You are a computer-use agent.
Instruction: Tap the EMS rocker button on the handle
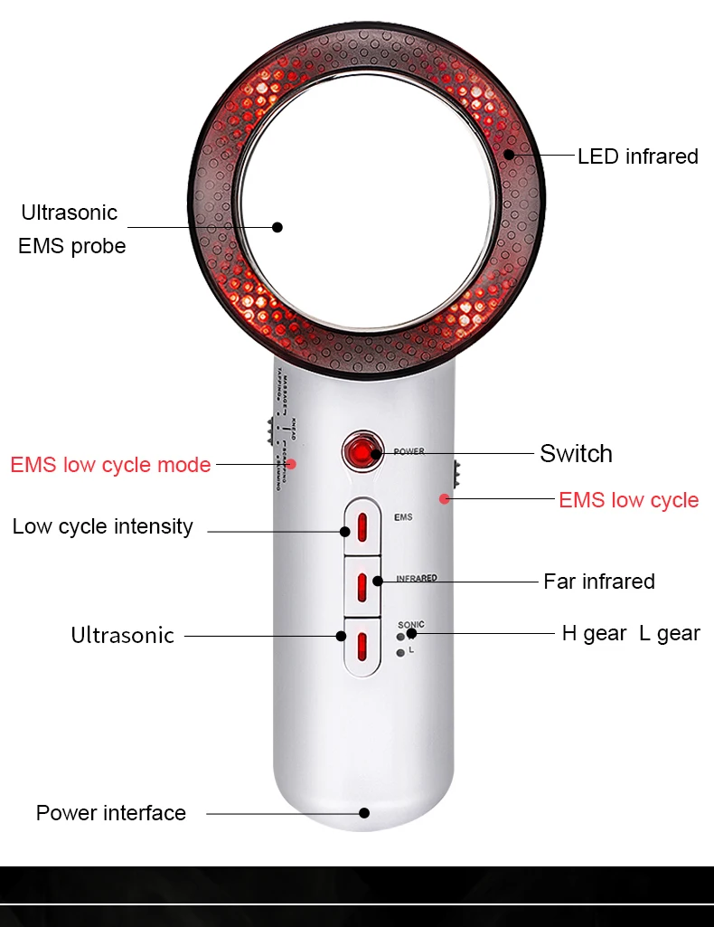tap(361, 526)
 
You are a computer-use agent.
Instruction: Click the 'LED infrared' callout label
tap(637, 156)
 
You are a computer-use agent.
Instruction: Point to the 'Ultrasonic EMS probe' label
tap(70, 229)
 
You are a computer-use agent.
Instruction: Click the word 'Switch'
tap(576, 453)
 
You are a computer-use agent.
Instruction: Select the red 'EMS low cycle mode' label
tap(110, 465)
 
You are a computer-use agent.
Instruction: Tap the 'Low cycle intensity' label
tap(102, 526)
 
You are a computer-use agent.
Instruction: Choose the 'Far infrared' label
tap(598, 581)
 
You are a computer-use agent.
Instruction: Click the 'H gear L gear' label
tap(630, 633)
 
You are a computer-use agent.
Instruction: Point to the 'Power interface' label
tap(110, 812)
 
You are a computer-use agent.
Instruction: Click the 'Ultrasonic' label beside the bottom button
tap(122, 635)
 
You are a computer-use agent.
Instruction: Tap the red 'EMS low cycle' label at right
tap(628, 500)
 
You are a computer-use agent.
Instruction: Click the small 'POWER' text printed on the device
tap(409, 451)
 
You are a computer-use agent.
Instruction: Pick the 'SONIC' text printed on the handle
tap(410, 625)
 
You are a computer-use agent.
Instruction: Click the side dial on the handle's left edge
tap(269, 430)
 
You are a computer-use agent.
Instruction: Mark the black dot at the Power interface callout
tap(364, 813)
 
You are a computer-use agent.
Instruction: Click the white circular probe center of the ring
tap(366, 199)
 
